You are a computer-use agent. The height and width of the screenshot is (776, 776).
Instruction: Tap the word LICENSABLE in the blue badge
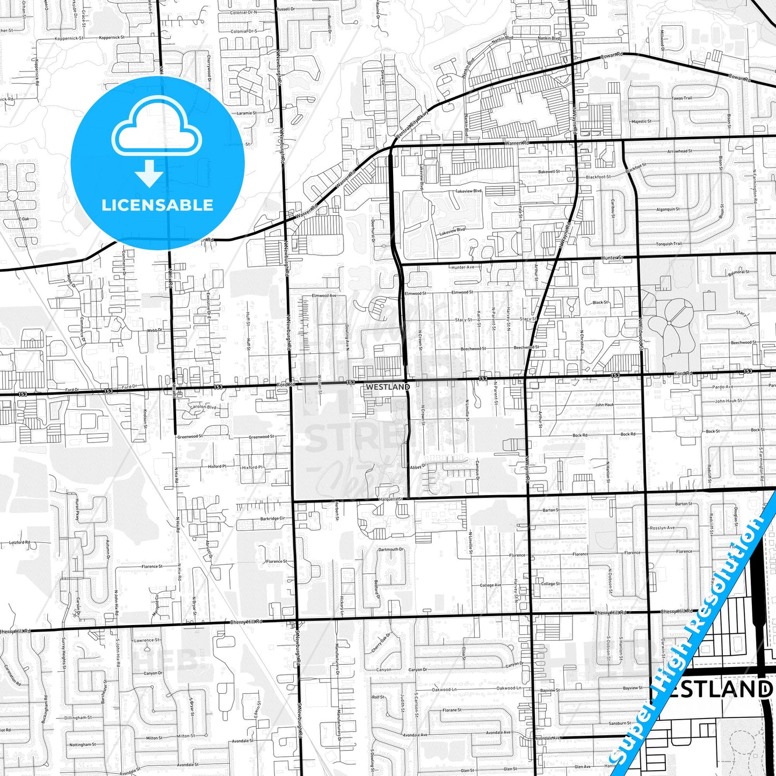157,205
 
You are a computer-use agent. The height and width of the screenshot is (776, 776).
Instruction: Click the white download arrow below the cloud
149,173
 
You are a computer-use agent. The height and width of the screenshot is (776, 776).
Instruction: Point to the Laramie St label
246,113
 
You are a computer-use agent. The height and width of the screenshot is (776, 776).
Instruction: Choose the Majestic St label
642,122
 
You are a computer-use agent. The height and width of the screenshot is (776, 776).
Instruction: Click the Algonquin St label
668,209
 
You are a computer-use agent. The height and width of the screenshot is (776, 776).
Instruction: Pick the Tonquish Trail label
669,244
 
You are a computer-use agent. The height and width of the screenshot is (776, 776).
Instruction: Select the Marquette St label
390,499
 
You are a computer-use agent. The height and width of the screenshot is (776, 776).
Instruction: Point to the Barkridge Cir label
272,519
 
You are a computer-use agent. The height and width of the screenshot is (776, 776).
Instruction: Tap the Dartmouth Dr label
390,549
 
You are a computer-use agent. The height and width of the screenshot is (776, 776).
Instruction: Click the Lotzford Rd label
20,542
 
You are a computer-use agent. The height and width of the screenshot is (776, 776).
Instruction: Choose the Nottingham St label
82,745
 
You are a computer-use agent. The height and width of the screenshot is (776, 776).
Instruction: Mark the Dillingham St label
78,717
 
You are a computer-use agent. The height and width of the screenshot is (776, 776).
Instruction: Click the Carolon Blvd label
203,407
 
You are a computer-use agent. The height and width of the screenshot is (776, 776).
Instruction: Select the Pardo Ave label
723,387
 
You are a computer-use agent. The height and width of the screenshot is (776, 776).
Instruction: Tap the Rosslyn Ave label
662,527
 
